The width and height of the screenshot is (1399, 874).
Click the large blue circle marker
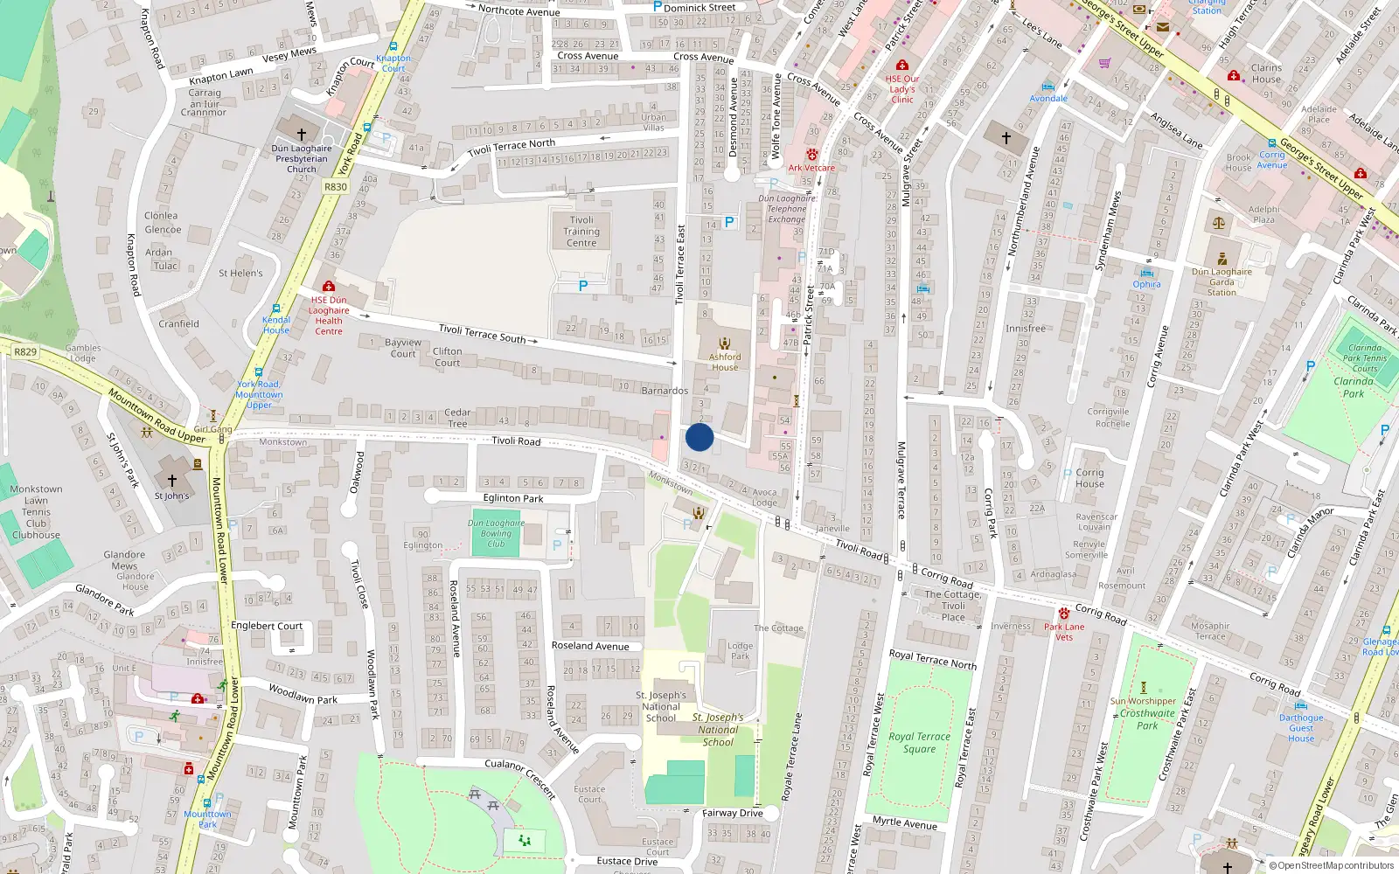pyautogui.click(x=699, y=437)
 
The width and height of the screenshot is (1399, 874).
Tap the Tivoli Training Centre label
pyautogui.click(x=581, y=232)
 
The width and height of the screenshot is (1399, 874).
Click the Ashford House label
pyautogui.click(x=725, y=361)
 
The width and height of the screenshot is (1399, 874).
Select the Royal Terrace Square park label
pyautogui.click(x=919, y=742)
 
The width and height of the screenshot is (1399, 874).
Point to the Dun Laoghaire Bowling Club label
pyautogui.click(x=496, y=533)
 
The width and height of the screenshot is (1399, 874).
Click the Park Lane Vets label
pyautogui.click(x=1064, y=631)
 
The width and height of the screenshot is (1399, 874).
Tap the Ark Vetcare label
pyautogui.click(x=811, y=168)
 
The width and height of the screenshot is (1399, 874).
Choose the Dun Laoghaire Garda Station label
pyautogui.click(x=1222, y=281)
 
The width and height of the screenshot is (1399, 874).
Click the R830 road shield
pyautogui.click(x=336, y=187)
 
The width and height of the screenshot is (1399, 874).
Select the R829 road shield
pyautogui.click(x=25, y=352)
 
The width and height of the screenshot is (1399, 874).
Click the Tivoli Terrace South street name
pyautogui.click(x=482, y=333)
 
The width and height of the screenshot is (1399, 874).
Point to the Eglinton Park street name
pyautogui.click(x=513, y=498)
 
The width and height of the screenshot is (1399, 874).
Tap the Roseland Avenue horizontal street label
pyautogui.click(x=590, y=646)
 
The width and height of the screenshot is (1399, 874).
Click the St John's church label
pyautogui.click(x=171, y=496)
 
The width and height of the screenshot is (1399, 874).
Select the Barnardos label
pyautogui.click(x=665, y=391)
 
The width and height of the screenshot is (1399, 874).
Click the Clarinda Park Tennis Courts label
pyautogui.click(x=1365, y=357)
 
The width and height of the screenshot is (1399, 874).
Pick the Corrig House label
pyautogui.click(x=1089, y=478)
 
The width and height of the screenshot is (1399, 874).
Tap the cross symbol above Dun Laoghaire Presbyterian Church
pyautogui.click(x=302, y=134)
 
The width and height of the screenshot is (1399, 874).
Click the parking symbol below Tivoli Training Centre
pyautogui.click(x=583, y=286)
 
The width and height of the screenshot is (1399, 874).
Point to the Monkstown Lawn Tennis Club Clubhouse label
pyautogui.click(x=36, y=512)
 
